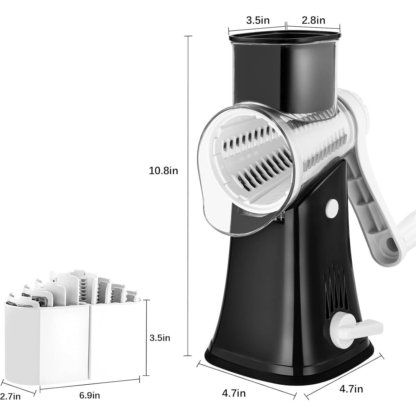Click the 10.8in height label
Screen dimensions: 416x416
163,171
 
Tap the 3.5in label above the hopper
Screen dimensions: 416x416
258,20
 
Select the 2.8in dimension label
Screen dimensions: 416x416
313,20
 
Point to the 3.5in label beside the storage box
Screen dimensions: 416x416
160,338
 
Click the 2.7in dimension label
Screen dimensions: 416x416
10,396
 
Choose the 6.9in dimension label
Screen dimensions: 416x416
89,395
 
